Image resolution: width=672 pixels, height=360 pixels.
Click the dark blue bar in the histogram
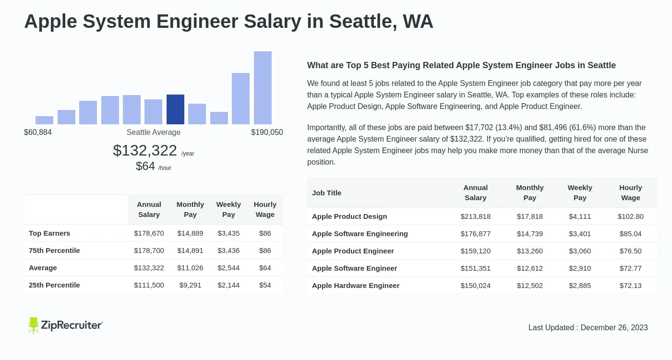(175, 109)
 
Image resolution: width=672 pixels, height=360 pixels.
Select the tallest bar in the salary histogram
(263, 88)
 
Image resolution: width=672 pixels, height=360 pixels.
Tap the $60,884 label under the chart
(38, 132)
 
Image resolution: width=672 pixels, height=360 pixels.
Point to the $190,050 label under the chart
(267, 132)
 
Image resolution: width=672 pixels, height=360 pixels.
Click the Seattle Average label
(154, 132)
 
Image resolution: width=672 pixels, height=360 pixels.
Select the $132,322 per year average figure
(145, 150)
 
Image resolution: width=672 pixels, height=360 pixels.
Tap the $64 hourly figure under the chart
(145, 166)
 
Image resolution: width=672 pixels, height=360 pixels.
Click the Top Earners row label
(49, 233)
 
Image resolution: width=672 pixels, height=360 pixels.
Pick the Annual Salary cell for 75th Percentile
(149, 251)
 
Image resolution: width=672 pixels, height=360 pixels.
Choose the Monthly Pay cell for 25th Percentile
(190, 285)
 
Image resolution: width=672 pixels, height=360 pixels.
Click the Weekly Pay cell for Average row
(228, 268)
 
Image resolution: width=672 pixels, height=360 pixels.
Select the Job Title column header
(326, 193)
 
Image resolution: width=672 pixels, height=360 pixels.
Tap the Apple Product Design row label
(349, 216)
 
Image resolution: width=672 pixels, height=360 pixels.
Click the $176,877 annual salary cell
(476, 234)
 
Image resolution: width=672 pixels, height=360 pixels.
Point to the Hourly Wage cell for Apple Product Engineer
(630, 251)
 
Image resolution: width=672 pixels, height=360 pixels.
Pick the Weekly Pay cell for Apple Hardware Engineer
(580, 286)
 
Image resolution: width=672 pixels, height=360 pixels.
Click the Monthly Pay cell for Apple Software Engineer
(530, 268)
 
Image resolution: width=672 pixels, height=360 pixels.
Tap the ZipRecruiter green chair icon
(33, 325)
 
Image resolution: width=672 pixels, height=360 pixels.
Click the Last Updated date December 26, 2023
(614, 327)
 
